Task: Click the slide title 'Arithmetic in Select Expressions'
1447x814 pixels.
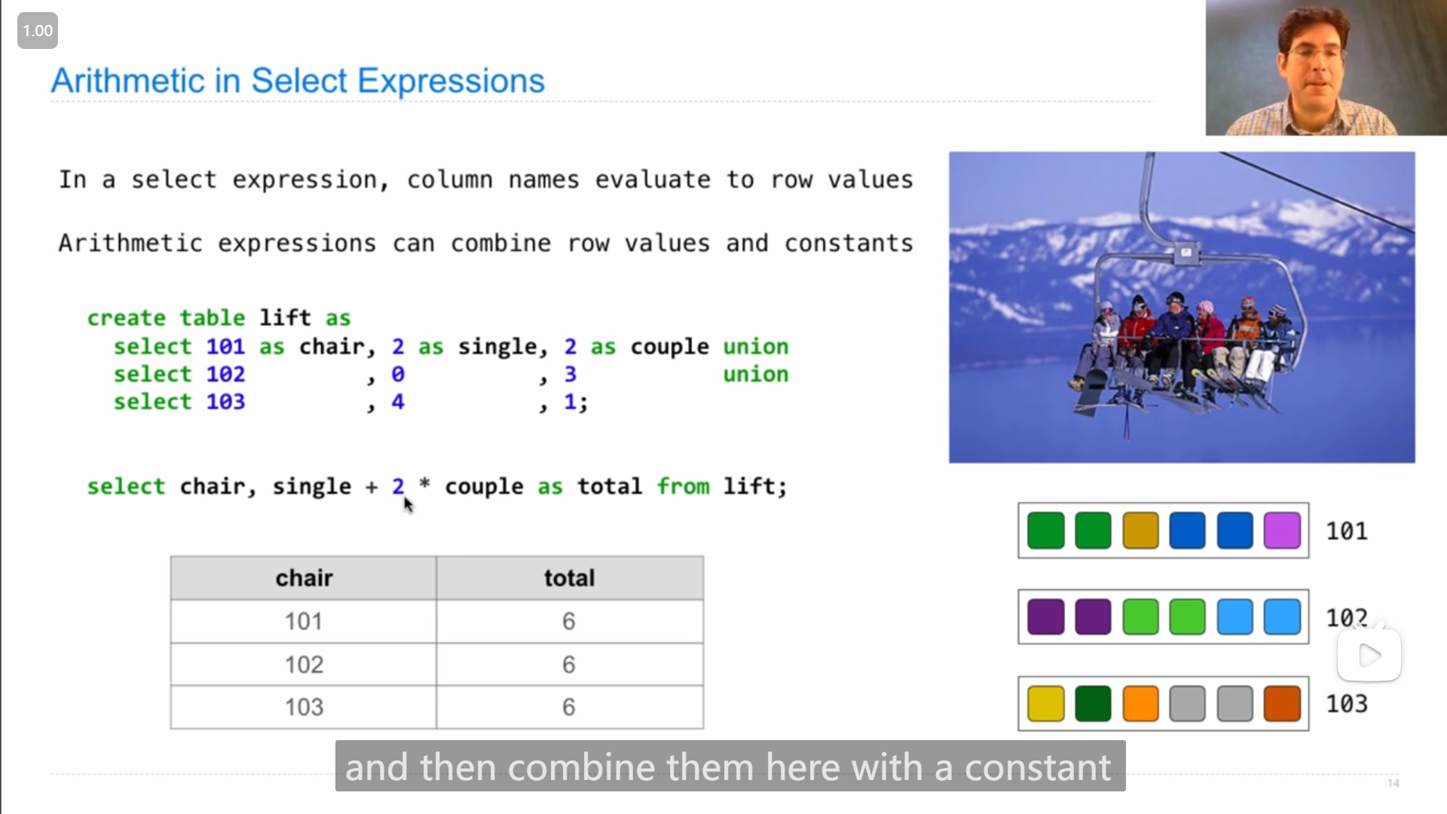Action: (298, 81)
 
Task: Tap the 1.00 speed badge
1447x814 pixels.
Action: (38, 31)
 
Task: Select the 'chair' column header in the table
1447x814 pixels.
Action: (304, 578)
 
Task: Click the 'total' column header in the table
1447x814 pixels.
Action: (570, 578)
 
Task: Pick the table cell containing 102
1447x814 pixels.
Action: (304, 664)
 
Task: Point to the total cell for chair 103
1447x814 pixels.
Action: (569, 707)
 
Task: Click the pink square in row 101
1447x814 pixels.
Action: (1282, 531)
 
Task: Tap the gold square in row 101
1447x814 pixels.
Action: (1140, 531)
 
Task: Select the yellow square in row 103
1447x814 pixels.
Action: (1046, 703)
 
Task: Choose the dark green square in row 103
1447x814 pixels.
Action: (1093, 703)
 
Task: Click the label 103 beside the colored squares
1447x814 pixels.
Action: (1347, 703)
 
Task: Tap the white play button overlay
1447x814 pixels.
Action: (1369, 656)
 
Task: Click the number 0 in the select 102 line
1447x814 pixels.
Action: (398, 374)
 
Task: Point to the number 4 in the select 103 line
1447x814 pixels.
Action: (398, 402)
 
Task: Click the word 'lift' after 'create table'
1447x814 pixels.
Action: (285, 317)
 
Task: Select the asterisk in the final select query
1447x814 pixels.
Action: (424, 483)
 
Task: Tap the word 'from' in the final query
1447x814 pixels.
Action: (683, 486)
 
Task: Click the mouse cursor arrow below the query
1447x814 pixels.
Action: (408, 504)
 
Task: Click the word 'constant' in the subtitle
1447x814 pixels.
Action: (1038, 767)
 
